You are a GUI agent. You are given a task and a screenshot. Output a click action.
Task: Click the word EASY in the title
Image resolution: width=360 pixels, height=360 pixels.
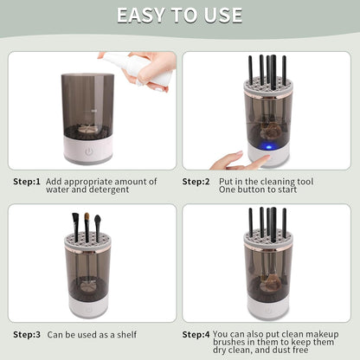(145, 16)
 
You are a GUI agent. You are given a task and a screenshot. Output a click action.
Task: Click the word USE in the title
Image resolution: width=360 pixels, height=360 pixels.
(222, 16)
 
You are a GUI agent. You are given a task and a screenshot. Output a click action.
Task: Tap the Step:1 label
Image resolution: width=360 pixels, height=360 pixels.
(27, 181)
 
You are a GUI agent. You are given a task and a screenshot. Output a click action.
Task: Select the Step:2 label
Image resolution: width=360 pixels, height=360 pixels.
(196, 181)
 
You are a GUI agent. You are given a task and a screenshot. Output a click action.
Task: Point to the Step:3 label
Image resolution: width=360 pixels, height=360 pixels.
(27, 332)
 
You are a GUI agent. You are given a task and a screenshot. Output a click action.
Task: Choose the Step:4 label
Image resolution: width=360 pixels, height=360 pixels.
(196, 332)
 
